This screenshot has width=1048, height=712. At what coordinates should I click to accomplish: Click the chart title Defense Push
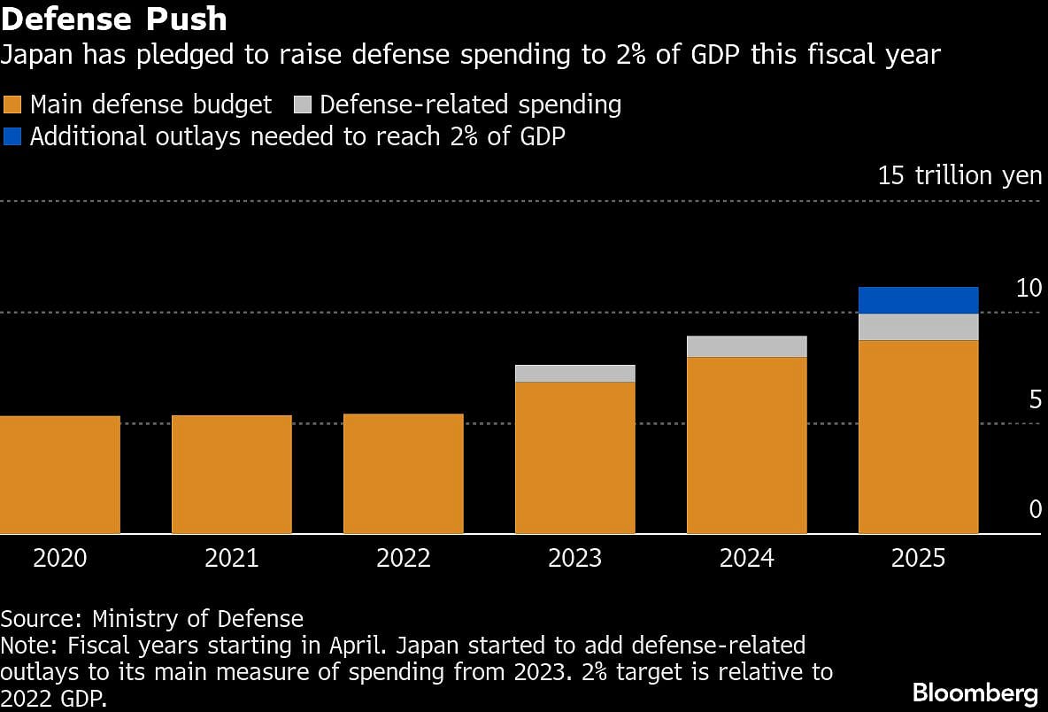(114, 19)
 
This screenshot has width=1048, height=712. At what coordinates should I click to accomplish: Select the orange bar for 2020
(60, 475)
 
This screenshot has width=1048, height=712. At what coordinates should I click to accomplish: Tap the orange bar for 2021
(232, 475)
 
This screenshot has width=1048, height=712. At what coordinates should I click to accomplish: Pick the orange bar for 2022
(404, 474)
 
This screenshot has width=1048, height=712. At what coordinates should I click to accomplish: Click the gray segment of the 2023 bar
(575, 373)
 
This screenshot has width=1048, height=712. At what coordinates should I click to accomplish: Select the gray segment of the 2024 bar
(747, 346)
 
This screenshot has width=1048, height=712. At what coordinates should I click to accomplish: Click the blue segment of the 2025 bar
(919, 300)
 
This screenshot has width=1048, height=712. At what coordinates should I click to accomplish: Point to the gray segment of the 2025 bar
(919, 327)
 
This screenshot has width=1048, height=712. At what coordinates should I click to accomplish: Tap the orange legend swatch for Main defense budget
(12, 104)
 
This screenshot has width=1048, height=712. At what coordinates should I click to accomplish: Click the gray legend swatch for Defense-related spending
(301, 104)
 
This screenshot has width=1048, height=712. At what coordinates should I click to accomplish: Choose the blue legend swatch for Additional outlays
(12, 136)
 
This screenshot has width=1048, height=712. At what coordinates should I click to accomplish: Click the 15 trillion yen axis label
(959, 175)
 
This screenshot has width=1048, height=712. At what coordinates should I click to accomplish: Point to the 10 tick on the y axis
(1029, 288)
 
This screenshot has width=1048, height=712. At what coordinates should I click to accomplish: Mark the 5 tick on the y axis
(1035, 399)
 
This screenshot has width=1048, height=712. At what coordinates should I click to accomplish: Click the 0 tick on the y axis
(1035, 509)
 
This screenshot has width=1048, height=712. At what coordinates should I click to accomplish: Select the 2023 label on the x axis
(575, 558)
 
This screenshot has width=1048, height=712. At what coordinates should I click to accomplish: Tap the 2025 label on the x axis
(919, 558)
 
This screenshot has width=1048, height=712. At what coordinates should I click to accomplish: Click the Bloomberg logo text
(975, 692)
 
